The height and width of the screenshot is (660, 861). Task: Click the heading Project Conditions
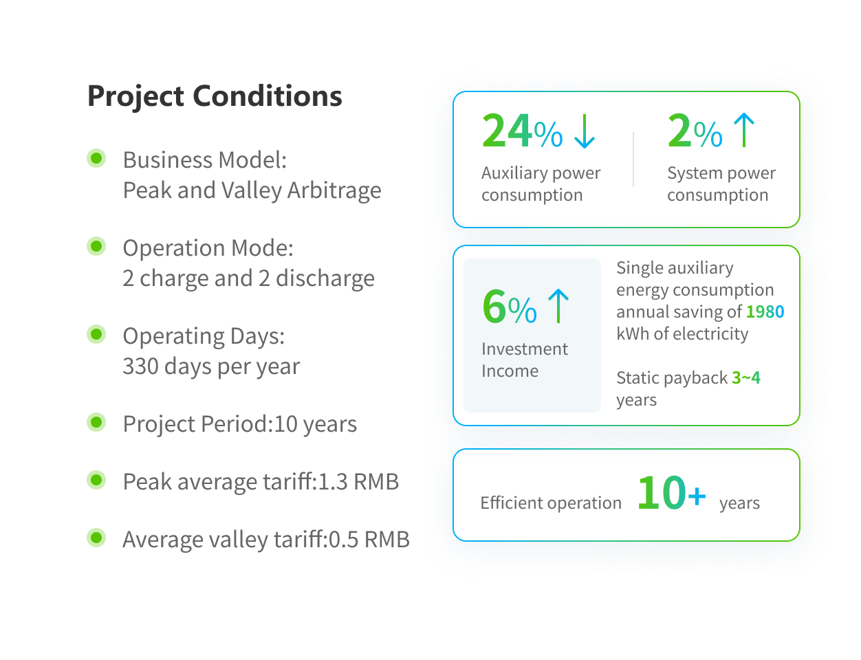pyautogui.click(x=215, y=96)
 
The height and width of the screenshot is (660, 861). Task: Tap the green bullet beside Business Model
pyautogui.click(x=96, y=158)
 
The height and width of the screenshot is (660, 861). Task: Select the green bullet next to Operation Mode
pyautogui.click(x=96, y=246)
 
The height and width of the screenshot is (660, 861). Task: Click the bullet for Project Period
pyautogui.click(x=96, y=422)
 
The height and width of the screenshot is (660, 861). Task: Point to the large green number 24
pyautogui.click(x=507, y=131)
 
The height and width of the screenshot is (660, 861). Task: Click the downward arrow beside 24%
pyautogui.click(x=584, y=131)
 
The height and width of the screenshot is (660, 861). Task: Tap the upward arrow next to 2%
pyautogui.click(x=743, y=131)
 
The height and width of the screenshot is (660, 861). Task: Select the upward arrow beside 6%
pyautogui.click(x=558, y=307)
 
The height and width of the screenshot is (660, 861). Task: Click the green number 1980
pyautogui.click(x=765, y=312)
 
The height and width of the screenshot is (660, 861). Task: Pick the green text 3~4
pyautogui.click(x=746, y=378)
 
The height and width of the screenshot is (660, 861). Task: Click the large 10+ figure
pyautogui.click(x=671, y=494)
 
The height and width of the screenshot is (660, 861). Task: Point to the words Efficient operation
pyautogui.click(x=551, y=503)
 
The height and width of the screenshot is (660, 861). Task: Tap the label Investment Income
pyautogui.click(x=524, y=360)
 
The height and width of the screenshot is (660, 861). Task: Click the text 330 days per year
pyautogui.click(x=211, y=366)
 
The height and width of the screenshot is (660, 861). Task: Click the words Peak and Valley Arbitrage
pyautogui.click(x=252, y=190)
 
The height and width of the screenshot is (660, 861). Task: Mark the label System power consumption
pyautogui.click(x=721, y=184)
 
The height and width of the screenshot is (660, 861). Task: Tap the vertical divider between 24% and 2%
pyautogui.click(x=633, y=159)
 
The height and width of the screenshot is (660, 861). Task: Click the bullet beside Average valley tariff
pyautogui.click(x=96, y=538)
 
